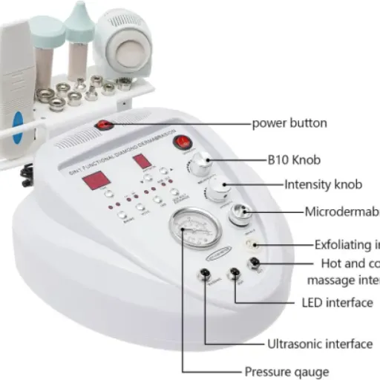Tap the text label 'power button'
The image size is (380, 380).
(289, 122)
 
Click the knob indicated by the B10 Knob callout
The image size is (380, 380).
(200, 164)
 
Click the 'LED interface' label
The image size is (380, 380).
(338, 302)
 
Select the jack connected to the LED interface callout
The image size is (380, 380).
(235, 273)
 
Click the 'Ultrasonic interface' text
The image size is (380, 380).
(320, 344)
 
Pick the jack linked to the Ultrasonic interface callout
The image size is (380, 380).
(203, 275)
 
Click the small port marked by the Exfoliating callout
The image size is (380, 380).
(256, 244)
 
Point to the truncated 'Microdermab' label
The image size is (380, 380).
(341, 212)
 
